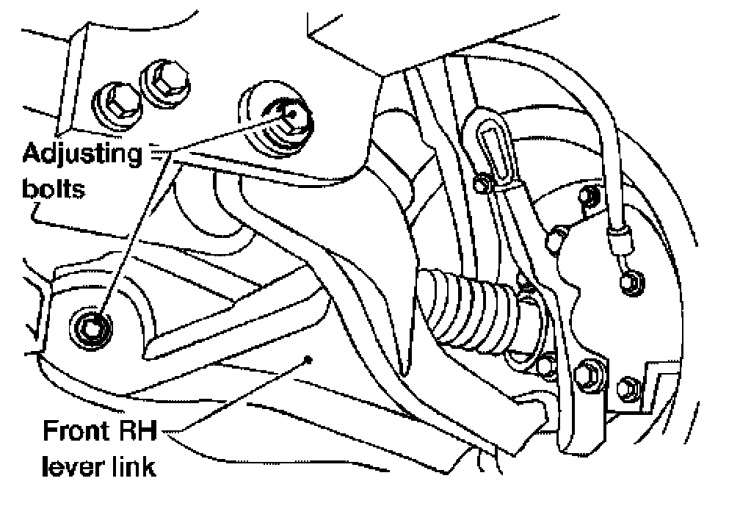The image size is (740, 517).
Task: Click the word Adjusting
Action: tap(81, 156)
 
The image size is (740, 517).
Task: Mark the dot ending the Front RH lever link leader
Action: tap(311, 360)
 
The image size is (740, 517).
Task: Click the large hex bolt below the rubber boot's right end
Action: tap(586, 377)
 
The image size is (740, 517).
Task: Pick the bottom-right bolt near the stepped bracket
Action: tap(628, 385)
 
